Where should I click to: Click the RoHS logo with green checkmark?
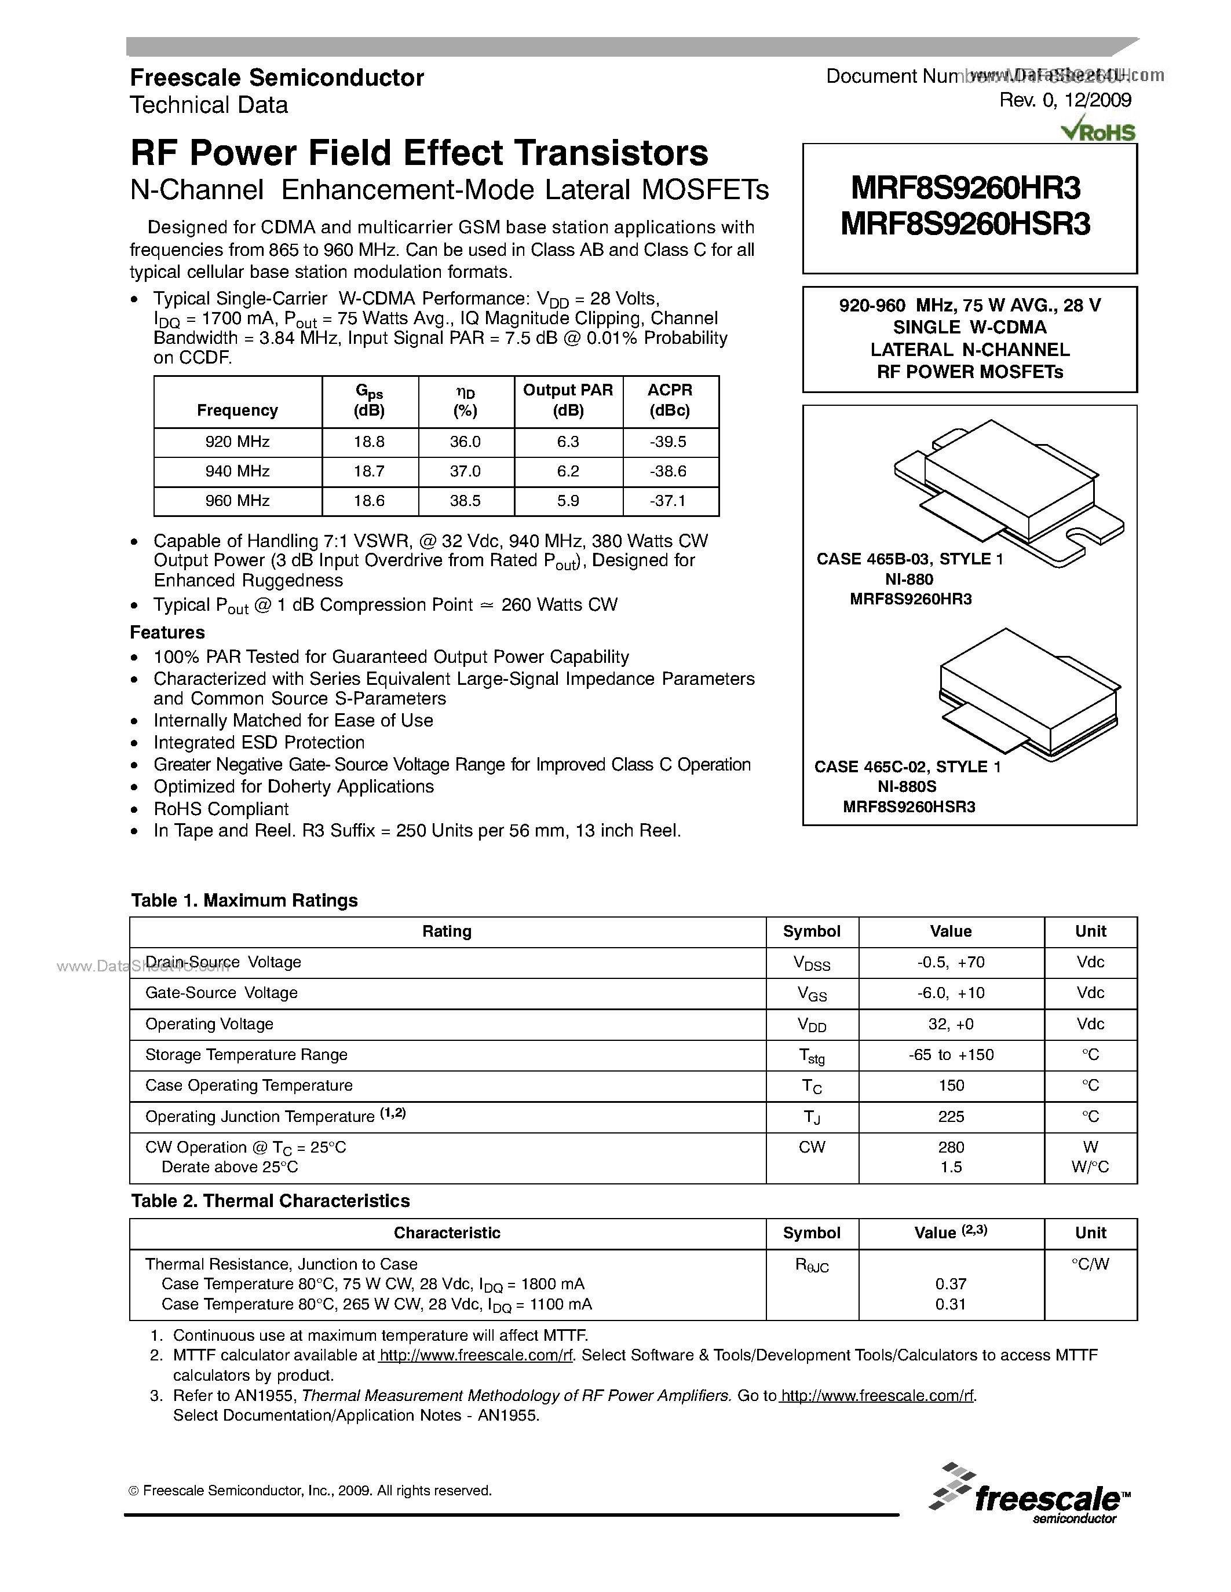pos(1099,130)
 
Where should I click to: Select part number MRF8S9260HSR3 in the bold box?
pos(965,225)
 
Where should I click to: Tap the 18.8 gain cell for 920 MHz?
pos(369,442)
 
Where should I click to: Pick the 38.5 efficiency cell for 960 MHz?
pos(465,501)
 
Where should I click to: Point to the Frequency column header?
pos(237,410)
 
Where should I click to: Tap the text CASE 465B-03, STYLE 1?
pos(909,559)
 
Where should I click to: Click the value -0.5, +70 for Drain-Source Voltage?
pos(950,962)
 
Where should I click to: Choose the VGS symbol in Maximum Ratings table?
pos(812,993)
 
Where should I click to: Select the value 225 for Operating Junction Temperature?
pos(950,1117)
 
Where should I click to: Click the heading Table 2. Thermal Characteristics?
pos(270,1201)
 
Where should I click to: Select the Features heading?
pos(167,632)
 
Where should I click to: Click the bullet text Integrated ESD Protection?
pos(259,743)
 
